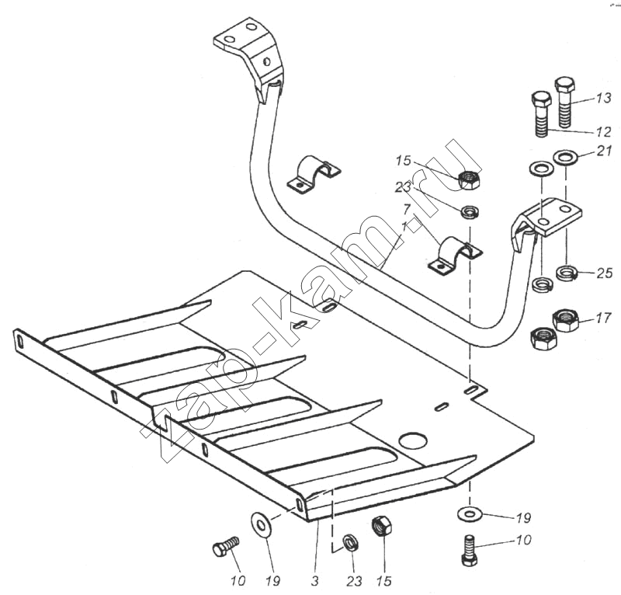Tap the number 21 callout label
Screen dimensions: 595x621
tap(604, 151)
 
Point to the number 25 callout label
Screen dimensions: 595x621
tap(605, 273)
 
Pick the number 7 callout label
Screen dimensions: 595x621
tap(405, 210)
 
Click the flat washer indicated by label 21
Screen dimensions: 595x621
tap(564, 158)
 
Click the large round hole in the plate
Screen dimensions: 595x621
tap(413, 441)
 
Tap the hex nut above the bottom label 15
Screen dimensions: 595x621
tap(382, 526)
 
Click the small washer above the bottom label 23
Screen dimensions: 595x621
tap(350, 541)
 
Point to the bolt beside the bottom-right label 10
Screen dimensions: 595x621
tap(469, 550)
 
